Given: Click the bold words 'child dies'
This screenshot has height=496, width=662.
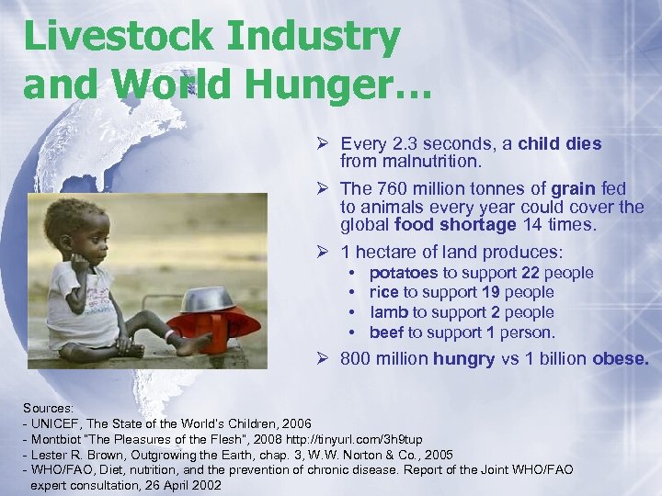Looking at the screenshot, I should [x=560, y=144].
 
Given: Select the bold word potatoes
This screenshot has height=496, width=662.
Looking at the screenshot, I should [x=404, y=273].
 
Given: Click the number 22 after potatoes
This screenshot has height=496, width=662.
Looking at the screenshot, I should [x=531, y=273].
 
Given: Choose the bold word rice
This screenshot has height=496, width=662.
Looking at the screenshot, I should [x=383, y=292].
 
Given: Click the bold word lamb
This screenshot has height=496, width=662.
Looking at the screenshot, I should [x=388, y=312].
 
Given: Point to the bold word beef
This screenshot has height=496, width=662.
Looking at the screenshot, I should [x=386, y=333].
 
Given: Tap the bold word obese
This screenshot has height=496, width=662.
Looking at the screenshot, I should [x=621, y=359].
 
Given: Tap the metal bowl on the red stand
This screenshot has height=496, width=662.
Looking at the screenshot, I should [x=211, y=298].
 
